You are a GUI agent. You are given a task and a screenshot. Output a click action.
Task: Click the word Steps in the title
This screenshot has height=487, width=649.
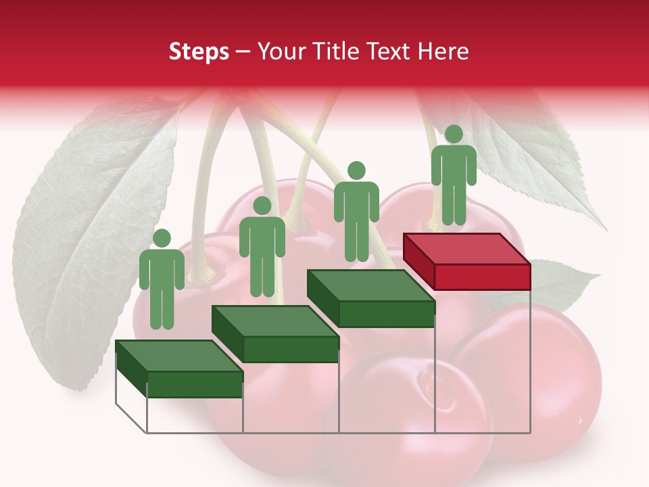[x=199, y=51]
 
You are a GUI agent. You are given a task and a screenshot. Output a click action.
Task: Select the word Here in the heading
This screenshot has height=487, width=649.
[x=443, y=51]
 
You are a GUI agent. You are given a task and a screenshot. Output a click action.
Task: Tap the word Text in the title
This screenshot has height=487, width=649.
[x=389, y=51]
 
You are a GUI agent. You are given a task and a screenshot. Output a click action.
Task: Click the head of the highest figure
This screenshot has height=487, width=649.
[x=454, y=134]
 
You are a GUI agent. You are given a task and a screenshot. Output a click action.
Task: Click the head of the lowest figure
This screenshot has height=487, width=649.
[x=162, y=238]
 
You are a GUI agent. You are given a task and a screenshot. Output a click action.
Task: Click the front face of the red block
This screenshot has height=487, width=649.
[x=482, y=277]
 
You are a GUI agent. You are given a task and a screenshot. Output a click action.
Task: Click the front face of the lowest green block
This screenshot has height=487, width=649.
[x=195, y=384]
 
